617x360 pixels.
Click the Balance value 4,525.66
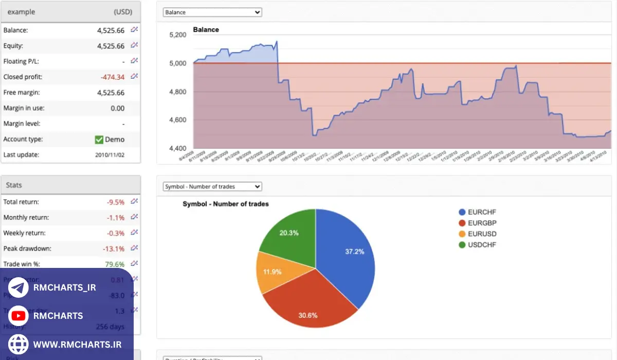111,30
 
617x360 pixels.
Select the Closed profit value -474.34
113,77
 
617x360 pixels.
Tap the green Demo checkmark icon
99,139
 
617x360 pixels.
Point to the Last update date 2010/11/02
110,155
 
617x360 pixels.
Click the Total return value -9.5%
115,202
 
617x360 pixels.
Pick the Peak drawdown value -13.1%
113,249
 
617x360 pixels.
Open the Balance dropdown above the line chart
212,12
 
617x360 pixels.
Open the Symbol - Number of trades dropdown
212,187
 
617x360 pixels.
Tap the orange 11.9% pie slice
273,271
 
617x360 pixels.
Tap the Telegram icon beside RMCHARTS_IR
19,288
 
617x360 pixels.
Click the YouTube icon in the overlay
19,316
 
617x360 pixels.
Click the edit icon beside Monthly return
134,217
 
